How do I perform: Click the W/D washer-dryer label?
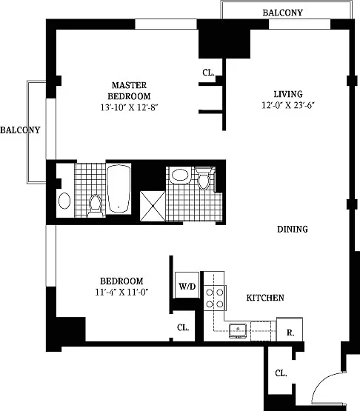187,287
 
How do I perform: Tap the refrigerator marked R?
290,330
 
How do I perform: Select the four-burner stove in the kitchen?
215,298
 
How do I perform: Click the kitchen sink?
238,331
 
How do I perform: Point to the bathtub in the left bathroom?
119,189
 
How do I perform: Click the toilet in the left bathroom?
95,206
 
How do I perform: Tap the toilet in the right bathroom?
204,178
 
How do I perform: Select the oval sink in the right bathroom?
180,175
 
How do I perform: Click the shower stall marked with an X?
153,206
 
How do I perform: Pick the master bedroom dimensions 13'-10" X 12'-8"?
130,107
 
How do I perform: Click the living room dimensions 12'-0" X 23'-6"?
288,105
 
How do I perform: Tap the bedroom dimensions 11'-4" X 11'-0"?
122,292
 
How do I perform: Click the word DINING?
293,230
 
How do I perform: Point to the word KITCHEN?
265,298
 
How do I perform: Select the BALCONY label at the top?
283,13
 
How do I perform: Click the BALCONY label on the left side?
20,130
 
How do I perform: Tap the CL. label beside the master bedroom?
208,73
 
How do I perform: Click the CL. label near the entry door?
281,373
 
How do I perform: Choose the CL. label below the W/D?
183,327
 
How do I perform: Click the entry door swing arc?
321,380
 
